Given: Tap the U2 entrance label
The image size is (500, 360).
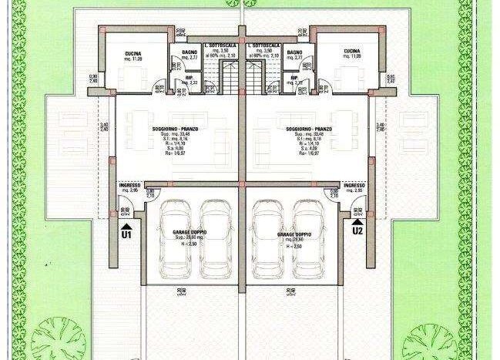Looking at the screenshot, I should pyautogui.click(x=357, y=229).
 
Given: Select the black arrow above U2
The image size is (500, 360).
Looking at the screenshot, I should pyautogui.click(x=357, y=220).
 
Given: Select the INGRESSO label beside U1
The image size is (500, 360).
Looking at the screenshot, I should pyautogui.click(x=129, y=186).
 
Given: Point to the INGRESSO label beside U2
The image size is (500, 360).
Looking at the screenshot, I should pyautogui.click(x=354, y=186).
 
